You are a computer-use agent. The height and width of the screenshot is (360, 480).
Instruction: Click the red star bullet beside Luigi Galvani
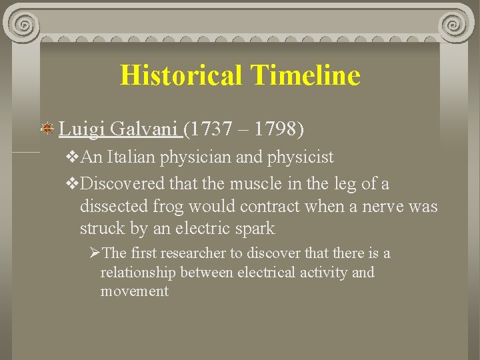coord(48,128)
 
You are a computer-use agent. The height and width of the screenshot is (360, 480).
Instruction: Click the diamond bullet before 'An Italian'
coord(73,159)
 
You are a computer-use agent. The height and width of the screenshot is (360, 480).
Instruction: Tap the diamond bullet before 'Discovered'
coord(73,183)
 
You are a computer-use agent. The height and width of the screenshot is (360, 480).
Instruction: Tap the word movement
coord(134,291)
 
